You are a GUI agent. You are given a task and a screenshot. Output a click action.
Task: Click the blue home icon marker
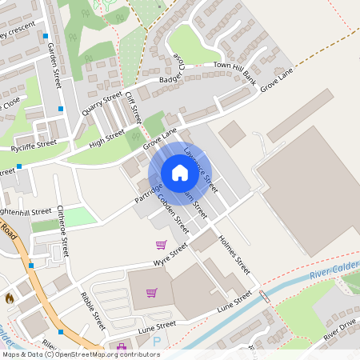coord(179,173)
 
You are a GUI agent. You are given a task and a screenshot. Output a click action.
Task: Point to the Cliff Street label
coord(132,107)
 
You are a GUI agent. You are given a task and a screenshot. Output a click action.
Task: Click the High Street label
coord(106,138)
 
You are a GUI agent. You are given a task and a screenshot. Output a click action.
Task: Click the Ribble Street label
coord(92,310)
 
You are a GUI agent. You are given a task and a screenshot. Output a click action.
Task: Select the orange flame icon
coord(10,298)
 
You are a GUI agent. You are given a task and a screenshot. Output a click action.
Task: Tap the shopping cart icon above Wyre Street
coord(161,244)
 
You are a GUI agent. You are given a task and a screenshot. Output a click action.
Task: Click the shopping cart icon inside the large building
coord(151,292)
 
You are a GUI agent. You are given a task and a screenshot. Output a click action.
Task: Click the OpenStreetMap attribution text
coord(80,354)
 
